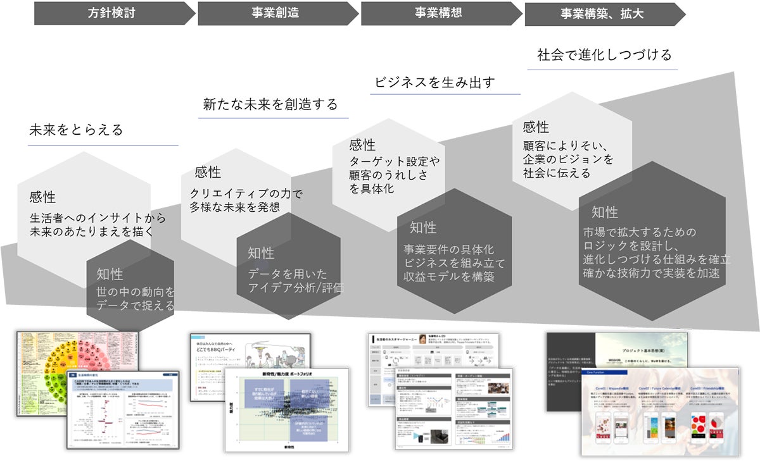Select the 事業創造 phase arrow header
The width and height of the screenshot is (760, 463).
pos(274,13)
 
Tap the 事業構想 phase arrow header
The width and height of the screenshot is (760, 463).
pos(438,13)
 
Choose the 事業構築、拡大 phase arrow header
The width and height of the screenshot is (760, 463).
pos(602,13)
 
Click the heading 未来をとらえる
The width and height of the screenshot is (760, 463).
pos(76,130)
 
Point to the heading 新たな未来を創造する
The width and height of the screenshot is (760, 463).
pos(270,104)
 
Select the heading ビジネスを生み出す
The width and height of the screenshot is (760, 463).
pos(434,82)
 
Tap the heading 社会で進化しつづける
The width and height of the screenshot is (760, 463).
pos(604,55)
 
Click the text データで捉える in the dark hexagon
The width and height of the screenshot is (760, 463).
pos(135,306)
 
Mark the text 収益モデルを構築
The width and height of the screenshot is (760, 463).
pos(448,276)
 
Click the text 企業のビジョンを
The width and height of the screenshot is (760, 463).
pos(568,159)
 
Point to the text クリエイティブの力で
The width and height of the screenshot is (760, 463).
pos(237,194)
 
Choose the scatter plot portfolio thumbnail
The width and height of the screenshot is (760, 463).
pos(286,411)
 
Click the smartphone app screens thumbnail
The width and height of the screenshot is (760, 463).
pos(660,412)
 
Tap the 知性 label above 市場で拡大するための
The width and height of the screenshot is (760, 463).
pos(604,213)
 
